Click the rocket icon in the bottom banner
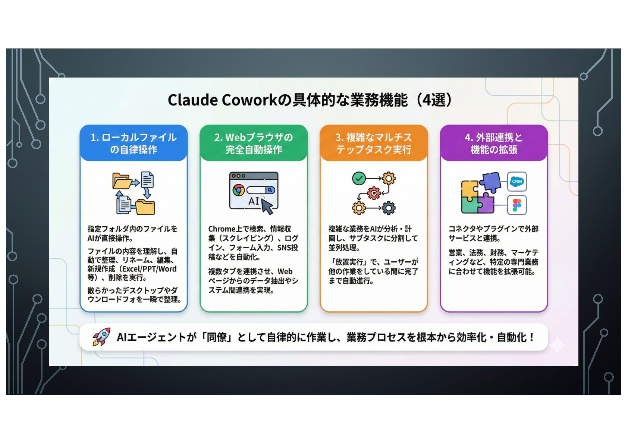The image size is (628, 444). point(102,337)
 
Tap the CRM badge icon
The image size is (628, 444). point(517,182)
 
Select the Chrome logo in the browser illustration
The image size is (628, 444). point(238,190)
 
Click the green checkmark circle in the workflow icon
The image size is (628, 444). point(358,179)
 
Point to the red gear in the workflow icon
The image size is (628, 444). point(373,193)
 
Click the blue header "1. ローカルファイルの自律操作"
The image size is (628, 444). point(134,144)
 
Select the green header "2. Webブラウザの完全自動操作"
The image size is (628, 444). point(254,144)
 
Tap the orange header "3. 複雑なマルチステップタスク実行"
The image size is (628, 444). point(373,144)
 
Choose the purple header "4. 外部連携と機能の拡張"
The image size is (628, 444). point(494,144)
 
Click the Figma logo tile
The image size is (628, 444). point(517,205)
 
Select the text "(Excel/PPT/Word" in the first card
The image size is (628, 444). point(149,269)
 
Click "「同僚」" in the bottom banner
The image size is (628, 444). point(217,337)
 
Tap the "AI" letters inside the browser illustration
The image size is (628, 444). point(254,201)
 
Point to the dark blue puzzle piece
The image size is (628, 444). point(490,182)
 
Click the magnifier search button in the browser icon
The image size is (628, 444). point(270,190)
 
